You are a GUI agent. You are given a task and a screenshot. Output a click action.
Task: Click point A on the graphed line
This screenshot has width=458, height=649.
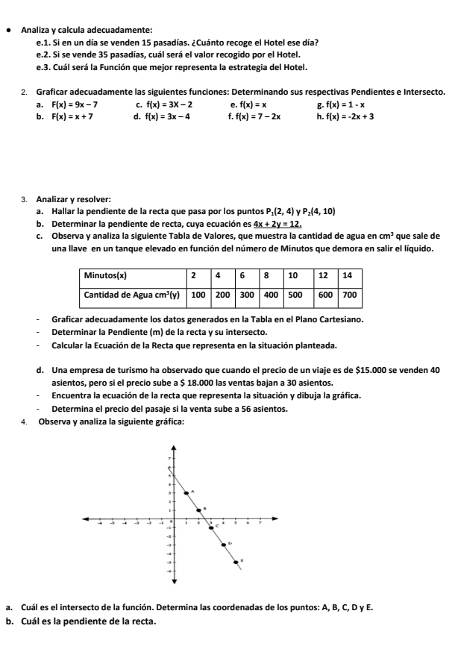click(186, 493)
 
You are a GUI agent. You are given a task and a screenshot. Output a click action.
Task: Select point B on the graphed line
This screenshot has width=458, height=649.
click(198, 510)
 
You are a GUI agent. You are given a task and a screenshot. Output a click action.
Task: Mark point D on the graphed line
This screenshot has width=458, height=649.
click(223, 545)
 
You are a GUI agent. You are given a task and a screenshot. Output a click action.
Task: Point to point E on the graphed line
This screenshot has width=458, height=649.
click(235, 562)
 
